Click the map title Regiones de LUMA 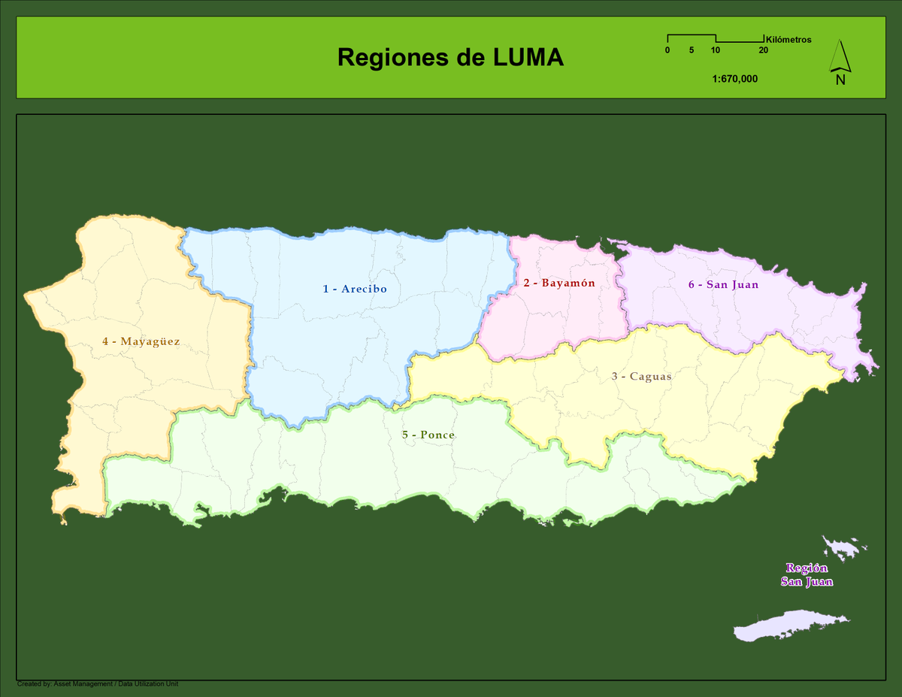point(450,57)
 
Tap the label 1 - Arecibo point(355,289)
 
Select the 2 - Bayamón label point(559,283)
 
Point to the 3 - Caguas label point(641,376)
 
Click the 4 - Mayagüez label point(141,341)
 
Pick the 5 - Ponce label point(428,435)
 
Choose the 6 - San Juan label point(723,285)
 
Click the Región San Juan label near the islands point(807,575)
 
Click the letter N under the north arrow point(840,80)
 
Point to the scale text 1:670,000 point(734,78)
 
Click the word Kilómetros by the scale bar point(788,40)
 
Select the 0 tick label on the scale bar point(667,50)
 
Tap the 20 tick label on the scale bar point(763,50)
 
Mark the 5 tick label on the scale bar point(691,50)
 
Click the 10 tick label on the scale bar point(715,50)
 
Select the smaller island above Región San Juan point(843,547)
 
